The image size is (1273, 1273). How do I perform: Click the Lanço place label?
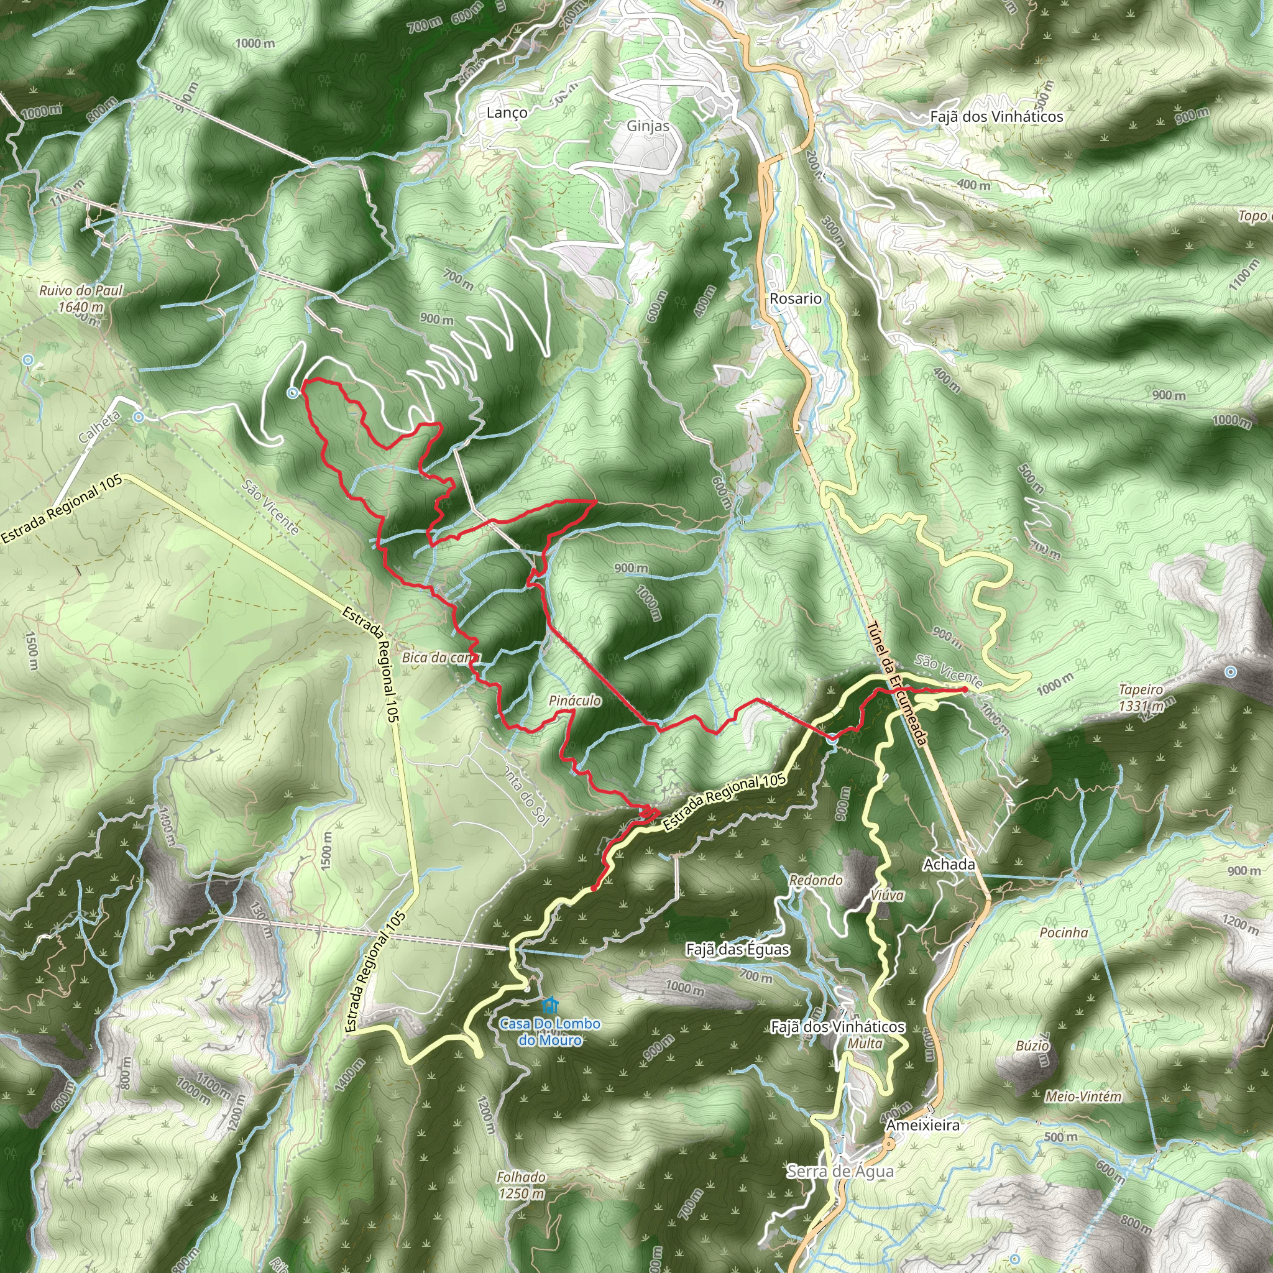click(x=507, y=113)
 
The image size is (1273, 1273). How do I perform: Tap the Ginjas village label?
click(x=648, y=126)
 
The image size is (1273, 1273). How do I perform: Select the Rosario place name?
click(x=795, y=298)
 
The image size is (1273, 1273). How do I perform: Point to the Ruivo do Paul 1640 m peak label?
click(x=81, y=298)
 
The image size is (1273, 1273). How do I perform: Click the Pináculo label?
click(x=574, y=701)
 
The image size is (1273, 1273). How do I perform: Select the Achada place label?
click(x=949, y=864)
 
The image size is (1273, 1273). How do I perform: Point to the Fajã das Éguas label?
click(x=737, y=950)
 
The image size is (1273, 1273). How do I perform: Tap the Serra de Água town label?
click(x=840, y=1171)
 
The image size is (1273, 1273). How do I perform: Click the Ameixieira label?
click(x=922, y=1124)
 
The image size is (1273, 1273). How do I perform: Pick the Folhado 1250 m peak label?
click(x=521, y=1185)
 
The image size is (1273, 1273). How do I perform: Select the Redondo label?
click(x=816, y=880)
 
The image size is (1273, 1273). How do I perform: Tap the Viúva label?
click(x=887, y=896)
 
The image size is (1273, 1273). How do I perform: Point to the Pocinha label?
click(x=1064, y=932)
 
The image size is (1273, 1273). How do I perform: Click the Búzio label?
click(x=1032, y=1045)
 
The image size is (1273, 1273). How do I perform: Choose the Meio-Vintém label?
click(x=1083, y=1096)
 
